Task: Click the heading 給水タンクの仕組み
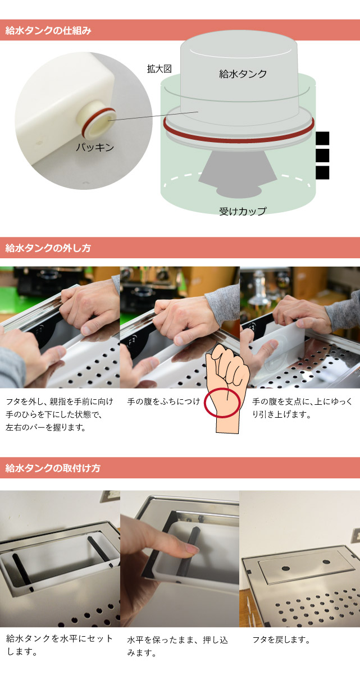[48, 30]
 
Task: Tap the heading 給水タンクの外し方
[48, 248]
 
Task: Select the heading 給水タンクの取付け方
[53, 468]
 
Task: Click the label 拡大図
[159, 69]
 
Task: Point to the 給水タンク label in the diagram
[243, 74]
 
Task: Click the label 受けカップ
[243, 211]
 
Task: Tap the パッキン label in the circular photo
[95, 148]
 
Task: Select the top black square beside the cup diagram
[322, 138]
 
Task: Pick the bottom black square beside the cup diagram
[322, 172]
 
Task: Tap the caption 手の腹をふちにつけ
[163, 401]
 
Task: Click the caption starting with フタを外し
[60, 414]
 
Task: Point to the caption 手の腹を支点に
[303, 408]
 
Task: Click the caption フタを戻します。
[281, 640]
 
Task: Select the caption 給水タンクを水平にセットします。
[60, 645]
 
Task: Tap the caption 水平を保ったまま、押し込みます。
[177, 646]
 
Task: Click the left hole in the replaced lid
[285, 568]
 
